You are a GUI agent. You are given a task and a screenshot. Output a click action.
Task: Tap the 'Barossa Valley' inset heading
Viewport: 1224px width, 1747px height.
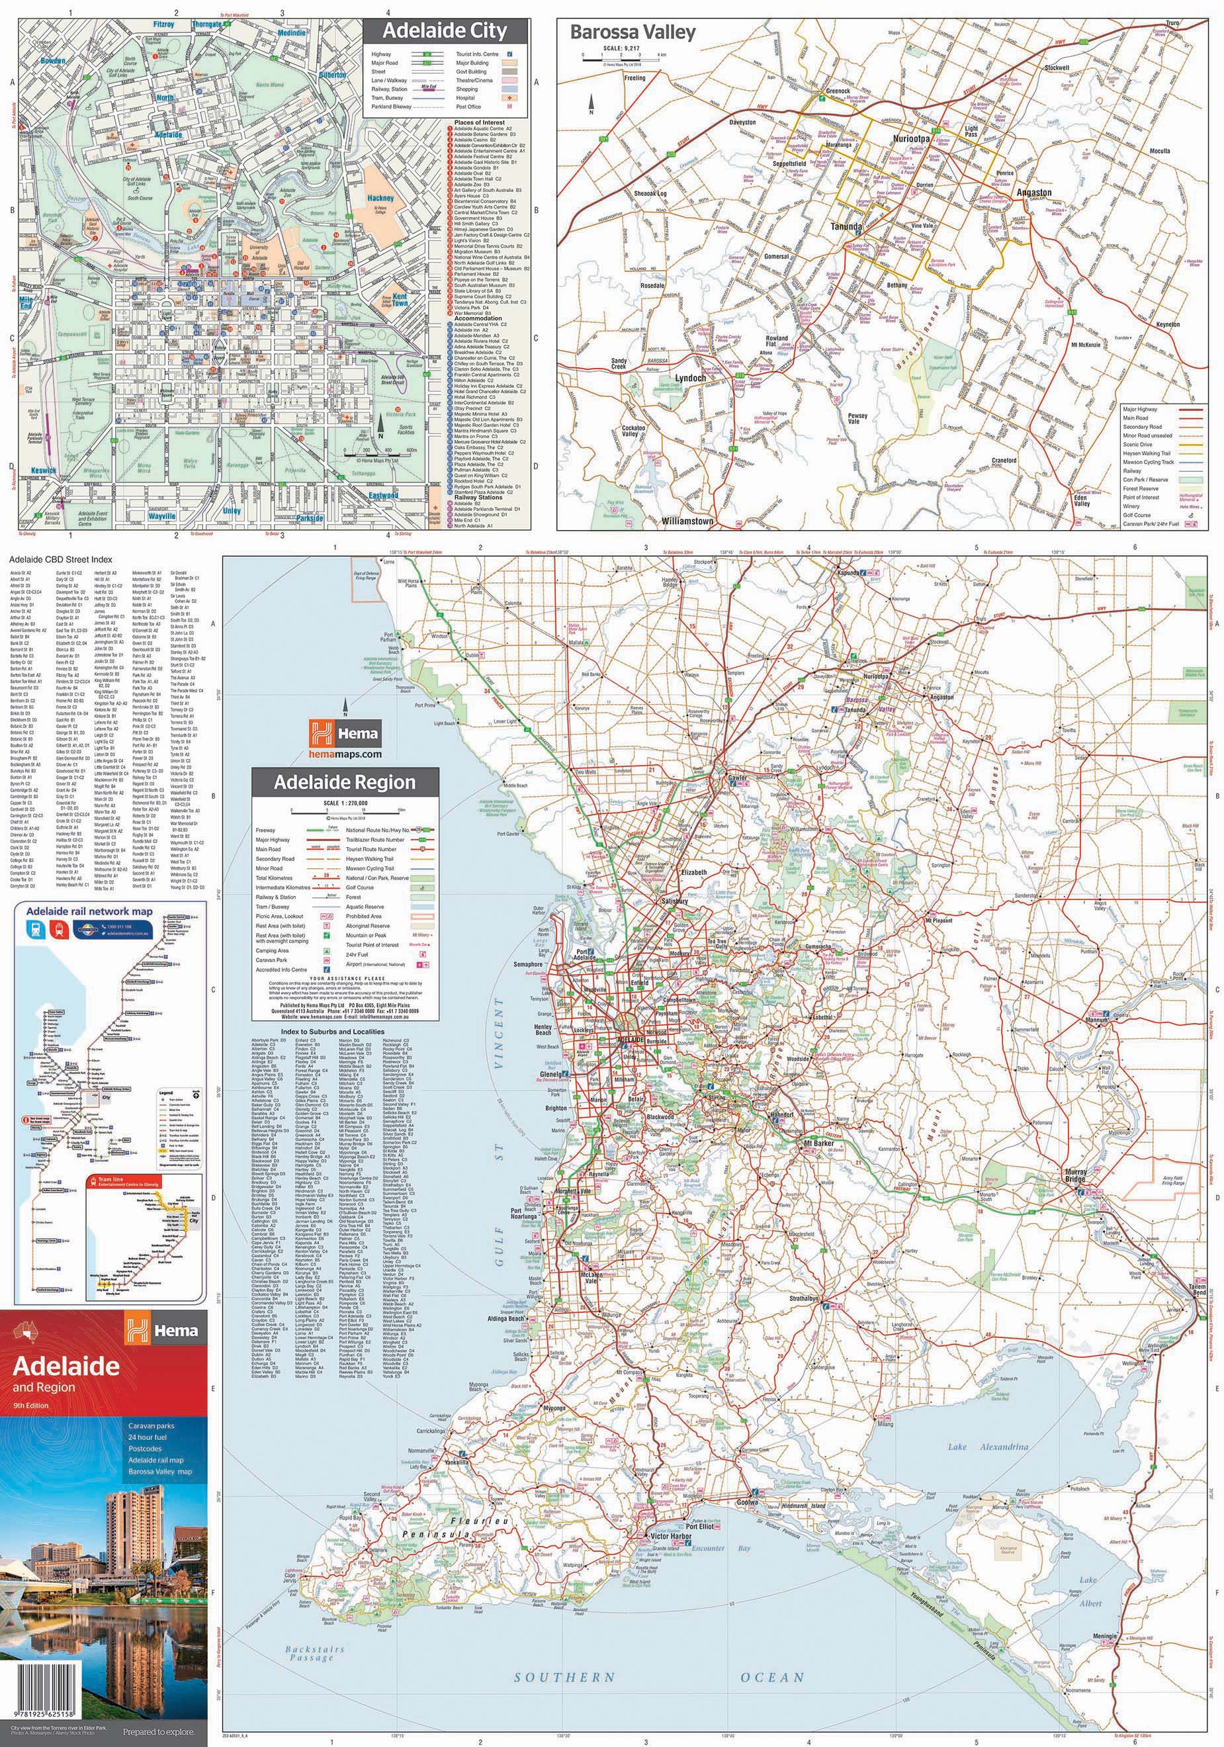633,32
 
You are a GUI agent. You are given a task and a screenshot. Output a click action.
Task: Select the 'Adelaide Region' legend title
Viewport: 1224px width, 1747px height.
345,782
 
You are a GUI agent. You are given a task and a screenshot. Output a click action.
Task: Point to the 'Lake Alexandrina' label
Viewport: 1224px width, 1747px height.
987,1446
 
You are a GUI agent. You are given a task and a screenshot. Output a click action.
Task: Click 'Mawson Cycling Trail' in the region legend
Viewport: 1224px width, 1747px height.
370,868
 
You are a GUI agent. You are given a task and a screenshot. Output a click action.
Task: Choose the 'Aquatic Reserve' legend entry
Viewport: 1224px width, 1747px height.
365,906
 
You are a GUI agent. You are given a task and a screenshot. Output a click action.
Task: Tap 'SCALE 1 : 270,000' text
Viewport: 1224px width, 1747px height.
345,803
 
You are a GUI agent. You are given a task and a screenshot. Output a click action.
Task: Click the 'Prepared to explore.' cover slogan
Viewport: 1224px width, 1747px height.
158,1732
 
